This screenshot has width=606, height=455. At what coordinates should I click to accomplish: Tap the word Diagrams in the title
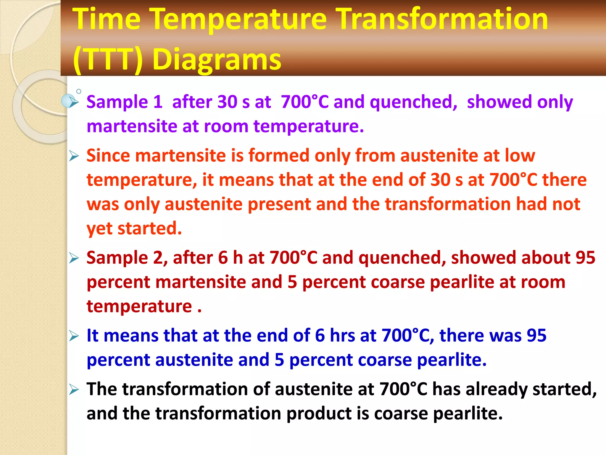pos(217,59)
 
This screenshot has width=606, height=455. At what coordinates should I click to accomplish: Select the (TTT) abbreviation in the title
pos(108,59)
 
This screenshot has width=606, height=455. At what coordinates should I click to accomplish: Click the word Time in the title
pos(107,19)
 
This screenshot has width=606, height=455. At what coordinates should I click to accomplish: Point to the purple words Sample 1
pos(124,102)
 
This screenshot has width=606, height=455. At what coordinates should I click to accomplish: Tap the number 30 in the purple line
pos(227,102)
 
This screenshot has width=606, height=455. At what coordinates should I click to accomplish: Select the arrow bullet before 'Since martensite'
pos(74,156)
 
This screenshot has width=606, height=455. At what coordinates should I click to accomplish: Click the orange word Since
pos(108,156)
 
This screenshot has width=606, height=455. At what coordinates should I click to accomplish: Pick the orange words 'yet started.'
pos(134,229)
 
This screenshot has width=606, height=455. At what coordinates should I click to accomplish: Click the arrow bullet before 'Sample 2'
pos(74,258)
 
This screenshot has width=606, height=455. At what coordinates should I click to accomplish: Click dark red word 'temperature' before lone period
pos(139,307)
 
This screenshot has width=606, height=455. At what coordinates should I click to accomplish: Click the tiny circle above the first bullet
pos(79,91)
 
